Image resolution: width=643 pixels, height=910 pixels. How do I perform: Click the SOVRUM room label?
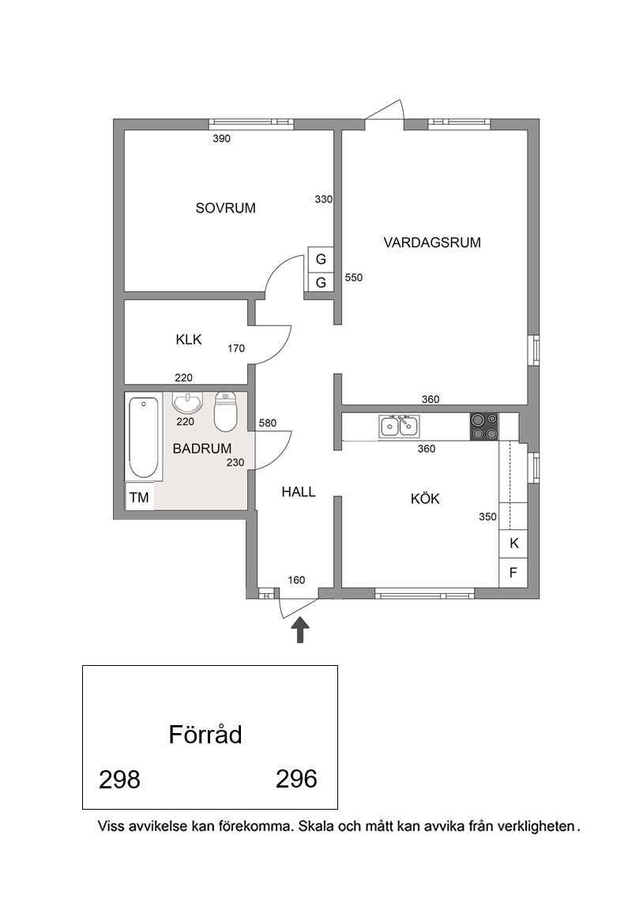pos(225,208)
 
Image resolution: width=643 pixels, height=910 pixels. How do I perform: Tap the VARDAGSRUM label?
pos(432,243)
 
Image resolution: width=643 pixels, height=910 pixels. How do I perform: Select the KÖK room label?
pos(426,498)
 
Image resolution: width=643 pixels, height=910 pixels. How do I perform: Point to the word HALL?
pos(299,492)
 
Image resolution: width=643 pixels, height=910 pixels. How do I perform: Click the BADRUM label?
pos(202,449)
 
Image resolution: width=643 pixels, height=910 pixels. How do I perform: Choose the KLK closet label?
pos(189,340)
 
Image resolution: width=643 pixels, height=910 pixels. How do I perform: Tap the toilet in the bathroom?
pos(225,412)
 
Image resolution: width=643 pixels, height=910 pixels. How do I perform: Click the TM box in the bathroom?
pos(139,498)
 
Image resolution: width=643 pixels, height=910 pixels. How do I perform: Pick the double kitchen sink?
pos(399,426)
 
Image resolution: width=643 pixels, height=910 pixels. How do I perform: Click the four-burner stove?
pos(484,426)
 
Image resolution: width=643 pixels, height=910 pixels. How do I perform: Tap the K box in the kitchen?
pos(513,543)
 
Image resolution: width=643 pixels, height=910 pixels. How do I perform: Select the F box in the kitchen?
pos(513,573)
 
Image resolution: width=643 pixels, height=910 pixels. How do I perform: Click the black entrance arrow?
pos(299,630)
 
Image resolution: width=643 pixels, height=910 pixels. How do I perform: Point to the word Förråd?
pos(205,734)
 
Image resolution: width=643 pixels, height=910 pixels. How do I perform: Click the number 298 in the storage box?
pos(119,780)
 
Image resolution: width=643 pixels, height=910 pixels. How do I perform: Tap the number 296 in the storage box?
pos(296,779)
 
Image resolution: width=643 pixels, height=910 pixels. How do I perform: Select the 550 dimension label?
pos(353,277)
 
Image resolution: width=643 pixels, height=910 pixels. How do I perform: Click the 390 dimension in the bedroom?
pos(222,138)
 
